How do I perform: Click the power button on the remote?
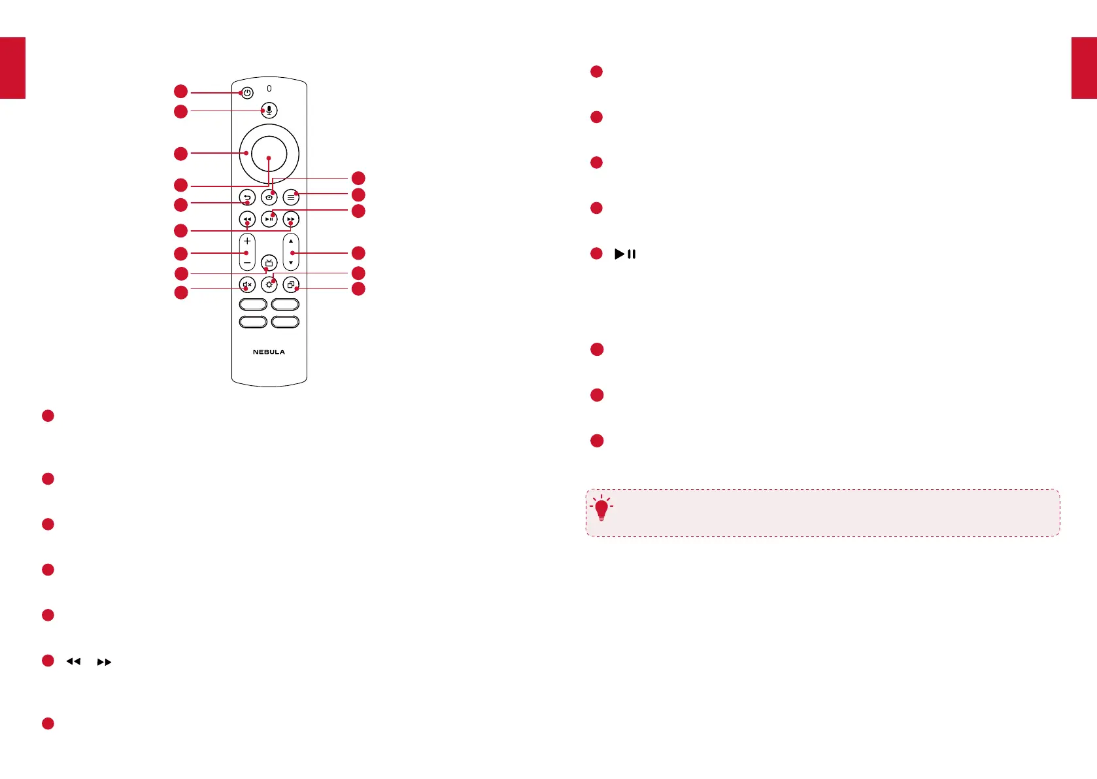tap(247, 93)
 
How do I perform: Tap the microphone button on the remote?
tap(269, 111)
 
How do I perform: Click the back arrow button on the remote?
tap(247, 197)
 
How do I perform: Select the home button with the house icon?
tap(269, 197)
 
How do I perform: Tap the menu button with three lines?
tap(291, 197)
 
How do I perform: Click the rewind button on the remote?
tap(247, 219)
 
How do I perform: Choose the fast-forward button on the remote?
tap(291, 219)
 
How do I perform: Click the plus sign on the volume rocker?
tap(247, 241)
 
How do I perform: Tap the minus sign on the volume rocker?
tap(247, 263)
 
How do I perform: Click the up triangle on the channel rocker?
tap(291, 241)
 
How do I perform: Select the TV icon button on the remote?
tap(269, 263)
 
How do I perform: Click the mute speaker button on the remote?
tap(247, 285)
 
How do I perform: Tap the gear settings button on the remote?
tap(269, 285)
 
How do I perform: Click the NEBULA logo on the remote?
tap(269, 352)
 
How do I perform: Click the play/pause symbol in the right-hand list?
tap(625, 254)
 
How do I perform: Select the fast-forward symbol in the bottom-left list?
tap(104, 662)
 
